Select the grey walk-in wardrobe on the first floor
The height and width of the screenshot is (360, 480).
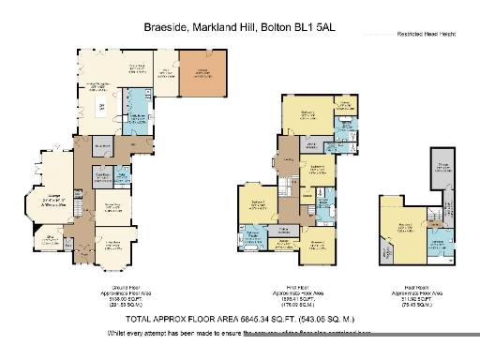click(309, 144)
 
